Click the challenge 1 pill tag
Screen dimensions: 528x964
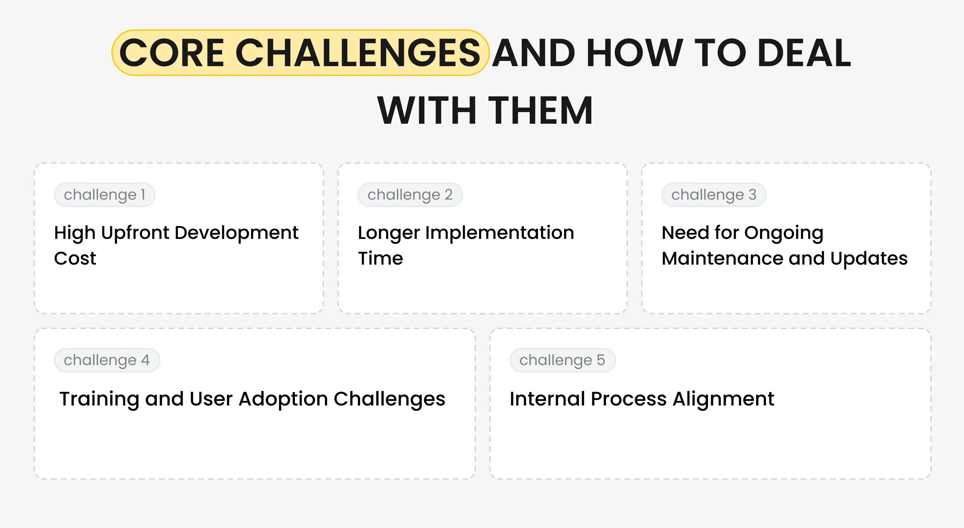pyautogui.click(x=104, y=194)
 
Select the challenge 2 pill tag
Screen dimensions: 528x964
pyautogui.click(x=410, y=194)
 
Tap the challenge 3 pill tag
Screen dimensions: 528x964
pyautogui.click(x=714, y=194)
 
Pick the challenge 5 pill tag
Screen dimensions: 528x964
pyautogui.click(x=562, y=360)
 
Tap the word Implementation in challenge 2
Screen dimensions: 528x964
pyautogui.click(x=499, y=233)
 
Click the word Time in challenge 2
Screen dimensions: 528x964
pyautogui.click(x=380, y=258)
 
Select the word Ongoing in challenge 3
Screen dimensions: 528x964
pyautogui.click(x=784, y=233)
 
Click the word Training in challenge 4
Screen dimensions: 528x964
pyautogui.click(x=99, y=399)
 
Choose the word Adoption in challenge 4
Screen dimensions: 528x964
pyautogui.click(x=283, y=399)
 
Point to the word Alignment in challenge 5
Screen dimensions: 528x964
pyautogui.click(x=723, y=399)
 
